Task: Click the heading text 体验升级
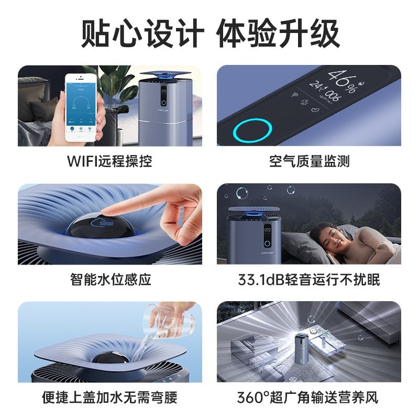tap(278, 35)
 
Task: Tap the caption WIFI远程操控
tap(109, 161)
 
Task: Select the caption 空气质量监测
tap(309, 161)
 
